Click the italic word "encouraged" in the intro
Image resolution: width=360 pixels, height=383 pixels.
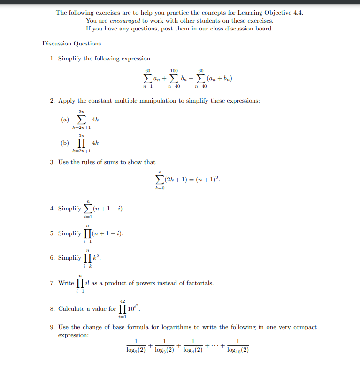click(x=123, y=21)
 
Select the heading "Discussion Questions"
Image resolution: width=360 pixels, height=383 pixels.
click(x=71, y=44)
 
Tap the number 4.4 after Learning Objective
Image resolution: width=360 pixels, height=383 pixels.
click(x=298, y=13)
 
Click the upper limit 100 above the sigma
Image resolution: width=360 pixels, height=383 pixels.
click(x=174, y=71)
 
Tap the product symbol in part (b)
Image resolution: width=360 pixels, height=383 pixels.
click(x=82, y=143)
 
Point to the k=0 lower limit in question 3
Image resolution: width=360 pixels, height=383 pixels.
click(x=160, y=188)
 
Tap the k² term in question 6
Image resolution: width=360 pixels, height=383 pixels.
click(x=96, y=258)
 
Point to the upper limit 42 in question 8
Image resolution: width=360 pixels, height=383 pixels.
click(x=123, y=301)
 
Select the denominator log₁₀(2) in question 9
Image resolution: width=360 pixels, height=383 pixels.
click(x=238, y=350)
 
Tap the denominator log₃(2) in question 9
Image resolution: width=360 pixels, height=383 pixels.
click(x=164, y=350)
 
